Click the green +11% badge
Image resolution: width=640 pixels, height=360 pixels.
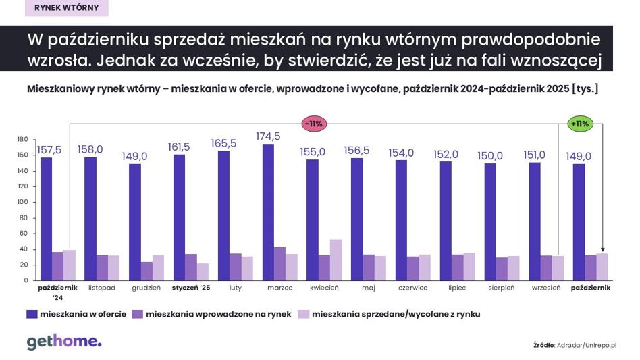tap(580, 124)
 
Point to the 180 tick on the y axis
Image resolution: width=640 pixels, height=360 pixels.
tap(22, 140)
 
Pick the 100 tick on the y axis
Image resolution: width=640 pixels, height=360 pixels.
tap(22, 202)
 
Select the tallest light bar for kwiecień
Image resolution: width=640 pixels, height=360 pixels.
tap(336, 259)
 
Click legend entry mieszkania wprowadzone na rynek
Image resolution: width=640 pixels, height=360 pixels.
tap(211, 314)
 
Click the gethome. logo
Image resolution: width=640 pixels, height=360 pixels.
tap(64, 342)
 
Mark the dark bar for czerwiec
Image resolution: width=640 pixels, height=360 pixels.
tap(401, 220)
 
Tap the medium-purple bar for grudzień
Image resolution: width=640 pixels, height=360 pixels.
tap(146, 271)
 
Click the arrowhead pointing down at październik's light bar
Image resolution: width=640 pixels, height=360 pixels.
tap(602, 250)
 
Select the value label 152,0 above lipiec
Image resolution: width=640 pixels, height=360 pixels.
tap(446, 154)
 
